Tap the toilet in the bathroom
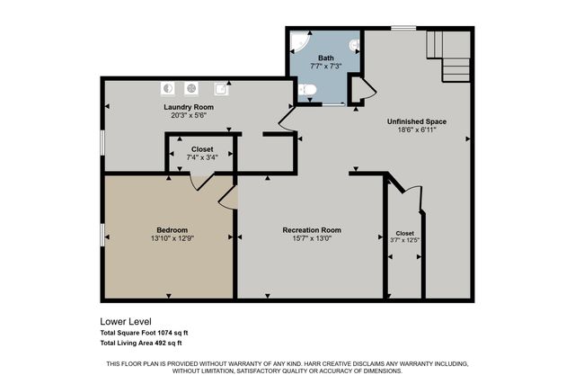pos(306,90)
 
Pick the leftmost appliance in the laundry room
pos(168,88)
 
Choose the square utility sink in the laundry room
pos(219,88)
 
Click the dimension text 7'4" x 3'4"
pos(202,157)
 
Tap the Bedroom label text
pos(172,229)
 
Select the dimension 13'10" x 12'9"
pos(172,238)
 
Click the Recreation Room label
pos(311,229)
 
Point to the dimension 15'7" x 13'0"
pos(311,238)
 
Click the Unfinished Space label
pos(416,121)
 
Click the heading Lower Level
pos(125,321)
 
